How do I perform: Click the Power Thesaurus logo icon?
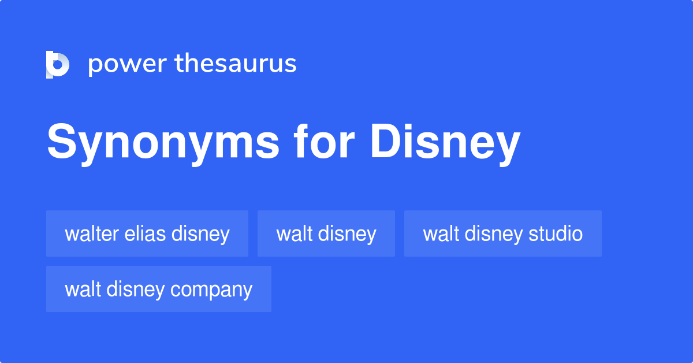coord(58,64)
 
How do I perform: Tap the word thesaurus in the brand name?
coord(236,64)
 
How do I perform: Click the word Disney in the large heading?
coord(445,143)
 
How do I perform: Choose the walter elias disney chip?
coord(147,234)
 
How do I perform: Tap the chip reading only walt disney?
coord(326,234)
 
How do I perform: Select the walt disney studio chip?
coord(502,234)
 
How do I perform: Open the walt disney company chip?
coord(158,289)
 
